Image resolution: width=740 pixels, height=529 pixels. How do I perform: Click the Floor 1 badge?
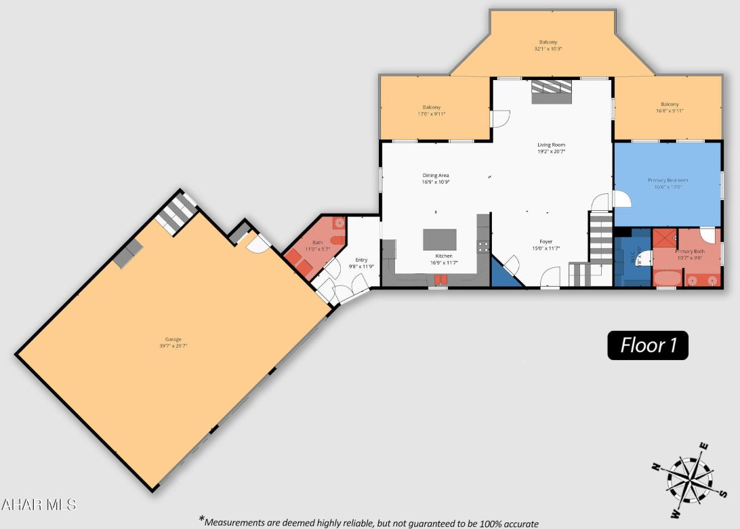pos(648,345)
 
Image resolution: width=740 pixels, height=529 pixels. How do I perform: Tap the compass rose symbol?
pos(688,477)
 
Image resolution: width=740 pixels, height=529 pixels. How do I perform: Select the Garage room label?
pos(173,339)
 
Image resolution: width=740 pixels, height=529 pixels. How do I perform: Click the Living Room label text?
pos(551,145)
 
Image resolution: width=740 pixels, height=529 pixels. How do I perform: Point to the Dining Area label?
pos(436,176)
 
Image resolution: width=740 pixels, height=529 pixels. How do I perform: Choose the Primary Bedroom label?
pos(667,180)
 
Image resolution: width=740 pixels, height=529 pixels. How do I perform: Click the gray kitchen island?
pos(439,240)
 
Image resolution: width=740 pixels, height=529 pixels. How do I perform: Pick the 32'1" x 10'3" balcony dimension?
pos(548,50)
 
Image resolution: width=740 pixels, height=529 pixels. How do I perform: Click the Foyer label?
pos(546,241)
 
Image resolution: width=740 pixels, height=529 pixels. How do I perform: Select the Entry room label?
pos(361,260)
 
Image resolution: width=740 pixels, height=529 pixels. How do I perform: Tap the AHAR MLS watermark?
pos(39,505)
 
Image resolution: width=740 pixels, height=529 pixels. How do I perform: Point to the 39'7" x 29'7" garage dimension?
pos(173,346)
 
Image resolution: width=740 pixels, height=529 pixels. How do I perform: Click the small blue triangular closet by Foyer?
pos(504,275)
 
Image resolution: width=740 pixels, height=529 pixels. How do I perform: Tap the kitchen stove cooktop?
pos(483,246)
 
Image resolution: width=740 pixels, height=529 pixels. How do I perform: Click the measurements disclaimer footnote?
pos(370,522)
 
